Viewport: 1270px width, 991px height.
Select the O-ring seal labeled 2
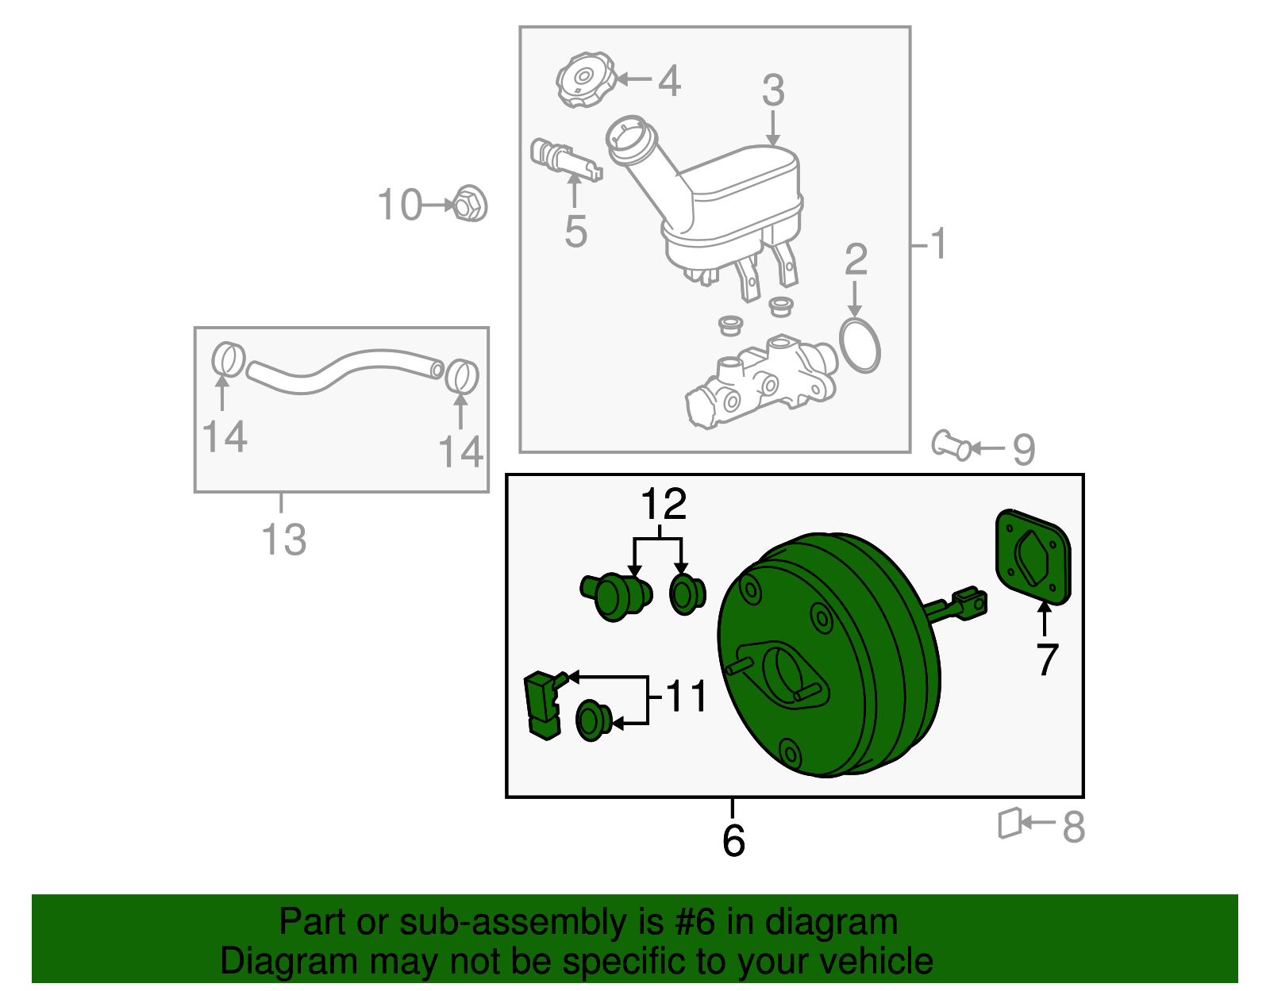860,345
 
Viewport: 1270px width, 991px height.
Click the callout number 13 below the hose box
283,540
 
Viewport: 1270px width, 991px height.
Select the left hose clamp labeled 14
228,359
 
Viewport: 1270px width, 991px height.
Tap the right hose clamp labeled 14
461,375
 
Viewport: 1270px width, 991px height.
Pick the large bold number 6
733,840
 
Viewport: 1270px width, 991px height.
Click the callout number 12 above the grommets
664,504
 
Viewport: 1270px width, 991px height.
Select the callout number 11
686,697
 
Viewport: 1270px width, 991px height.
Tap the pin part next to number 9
951,446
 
